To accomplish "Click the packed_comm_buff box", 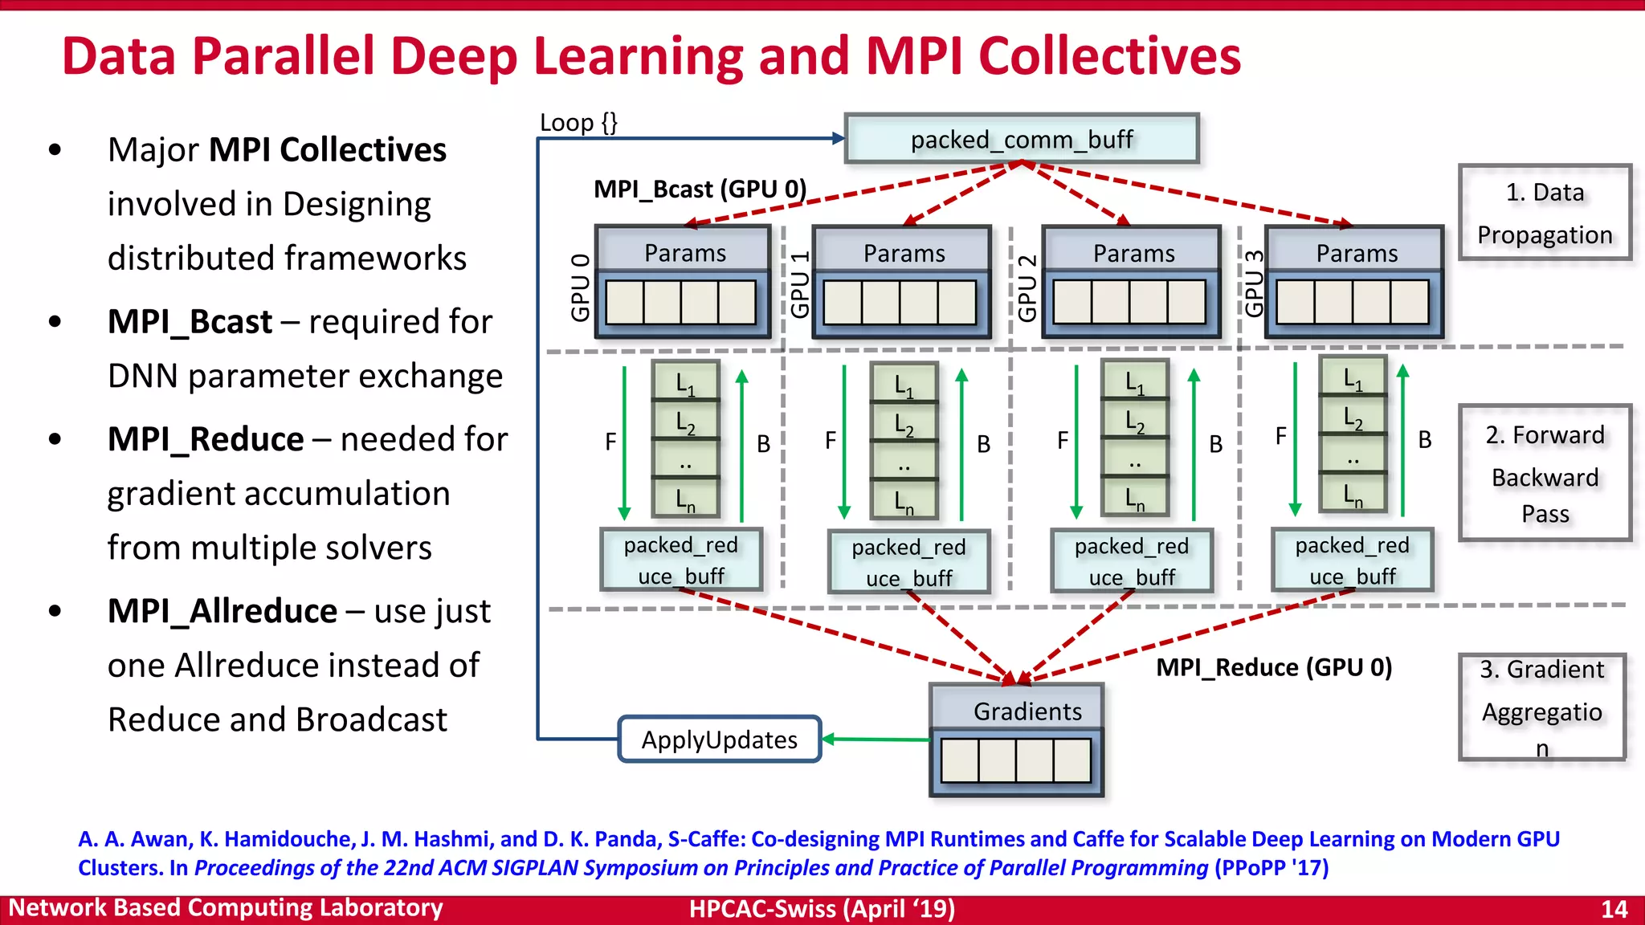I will [1021, 140].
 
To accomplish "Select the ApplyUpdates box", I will [719, 740].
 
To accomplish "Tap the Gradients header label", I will [1027, 711].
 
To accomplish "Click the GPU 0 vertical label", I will [580, 287].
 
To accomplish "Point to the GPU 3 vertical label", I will [1254, 283].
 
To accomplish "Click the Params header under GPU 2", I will [1133, 254].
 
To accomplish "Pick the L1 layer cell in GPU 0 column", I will [685, 384].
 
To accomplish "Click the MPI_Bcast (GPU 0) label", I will [699, 189].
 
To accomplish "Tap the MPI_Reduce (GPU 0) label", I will [1273, 667].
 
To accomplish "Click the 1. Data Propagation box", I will [1544, 213].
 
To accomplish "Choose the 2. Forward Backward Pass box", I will [1544, 474].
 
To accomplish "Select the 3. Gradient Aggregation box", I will [1541, 707].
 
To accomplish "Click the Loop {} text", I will [578, 123].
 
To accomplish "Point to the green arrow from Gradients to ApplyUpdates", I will [876, 739].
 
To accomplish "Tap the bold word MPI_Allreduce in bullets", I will [222, 611].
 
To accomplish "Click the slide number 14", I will [1614, 909].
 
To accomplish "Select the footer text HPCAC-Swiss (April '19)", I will [822, 909].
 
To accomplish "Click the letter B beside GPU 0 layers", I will [763, 443].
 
